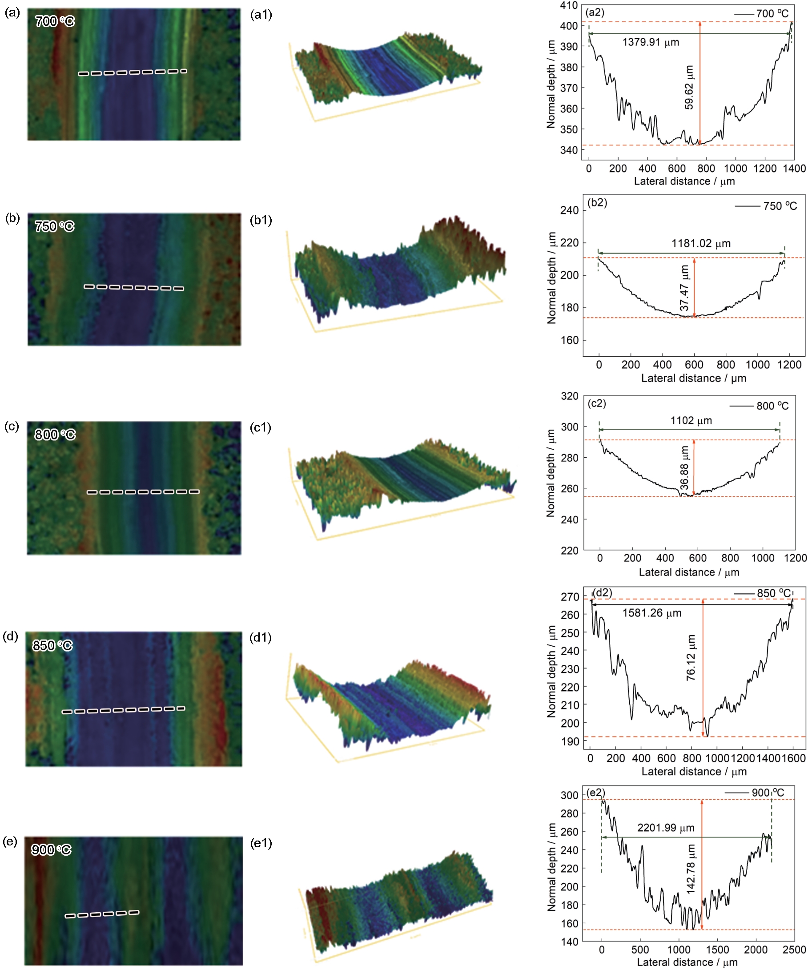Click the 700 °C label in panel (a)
[x=55, y=21]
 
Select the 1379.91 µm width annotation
[x=651, y=43]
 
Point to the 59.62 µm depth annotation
[x=689, y=87]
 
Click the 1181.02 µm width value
[x=701, y=243]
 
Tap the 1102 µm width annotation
[x=691, y=420]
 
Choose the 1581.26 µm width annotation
[x=651, y=613]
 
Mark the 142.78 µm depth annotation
[x=691, y=869]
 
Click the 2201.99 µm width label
[x=666, y=828]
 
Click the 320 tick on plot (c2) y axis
[x=569, y=396]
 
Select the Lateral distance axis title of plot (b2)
[x=694, y=378]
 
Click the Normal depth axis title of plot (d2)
[x=551, y=671]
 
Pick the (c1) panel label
[x=261, y=427]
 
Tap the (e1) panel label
[x=261, y=843]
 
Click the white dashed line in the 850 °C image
[x=123, y=709]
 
